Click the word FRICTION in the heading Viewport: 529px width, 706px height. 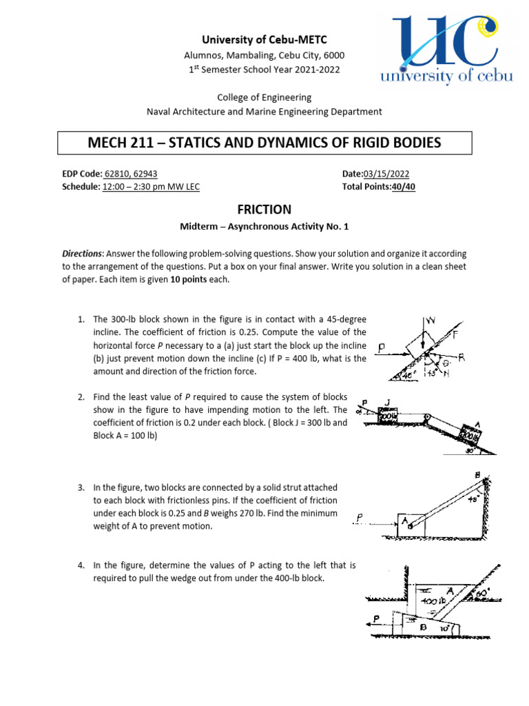[x=264, y=210]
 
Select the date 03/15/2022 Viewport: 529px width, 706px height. [x=388, y=174]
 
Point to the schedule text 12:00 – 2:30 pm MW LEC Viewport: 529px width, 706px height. [x=151, y=187]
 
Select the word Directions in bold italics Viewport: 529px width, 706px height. [x=82, y=254]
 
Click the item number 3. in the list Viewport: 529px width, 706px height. [x=81, y=488]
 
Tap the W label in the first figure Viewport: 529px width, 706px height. [x=431, y=321]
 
